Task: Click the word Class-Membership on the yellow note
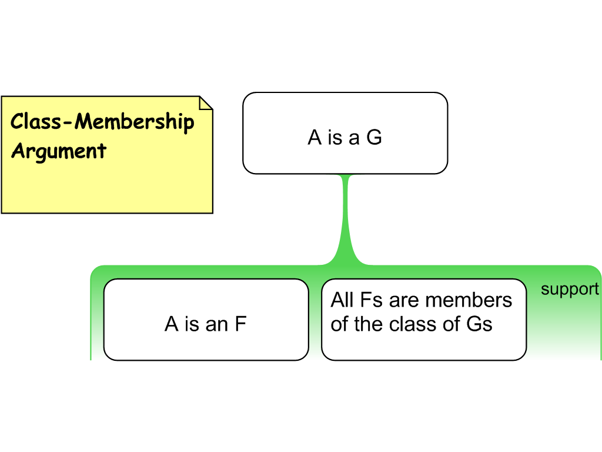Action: pyautogui.click(x=102, y=122)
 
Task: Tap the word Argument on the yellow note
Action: pyautogui.click(x=59, y=151)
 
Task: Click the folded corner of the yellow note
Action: pyautogui.click(x=206, y=103)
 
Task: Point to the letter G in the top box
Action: pyautogui.click(x=374, y=137)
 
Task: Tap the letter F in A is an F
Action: pyautogui.click(x=240, y=324)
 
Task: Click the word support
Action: pyautogui.click(x=570, y=289)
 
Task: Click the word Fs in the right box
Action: pyautogui.click(x=372, y=300)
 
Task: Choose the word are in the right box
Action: pyautogui.click(x=404, y=300)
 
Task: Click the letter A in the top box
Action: pyautogui.click(x=315, y=137)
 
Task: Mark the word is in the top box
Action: pyautogui.click(x=335, y=137)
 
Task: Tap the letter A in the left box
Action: pyautogui.click(x=172, y=324)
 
